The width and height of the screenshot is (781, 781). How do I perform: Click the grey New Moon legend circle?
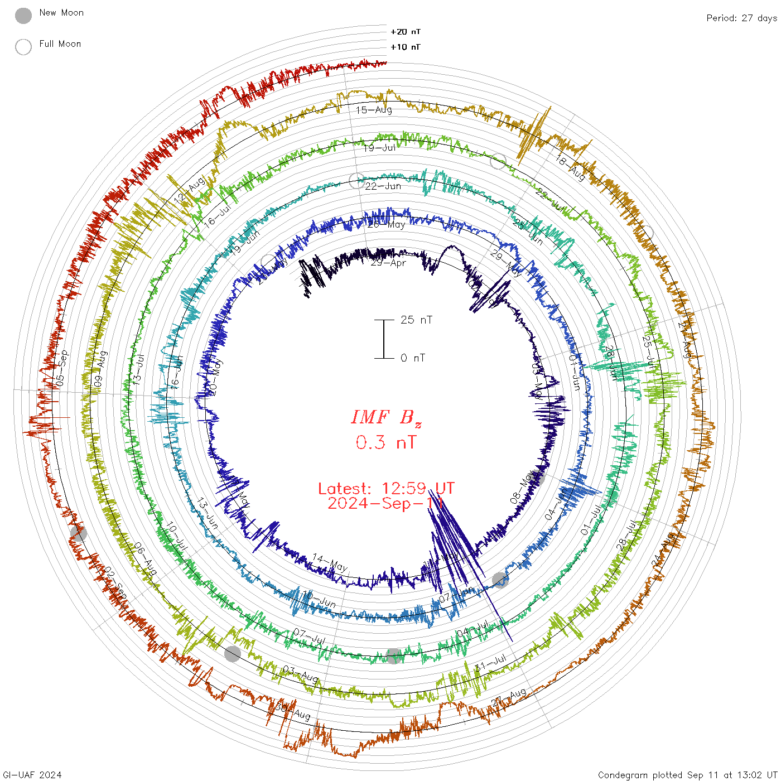pos(23,16)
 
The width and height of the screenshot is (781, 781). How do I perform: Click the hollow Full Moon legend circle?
pos(23,47)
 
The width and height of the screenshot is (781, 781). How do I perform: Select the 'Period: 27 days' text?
pos(741,18)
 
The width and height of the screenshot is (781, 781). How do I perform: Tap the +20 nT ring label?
pos(406,32)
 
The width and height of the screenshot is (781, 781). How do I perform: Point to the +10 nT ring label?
pos(406,47)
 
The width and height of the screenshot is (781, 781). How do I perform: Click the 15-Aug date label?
pos(374,110)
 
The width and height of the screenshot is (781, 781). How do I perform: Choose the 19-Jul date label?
pos(380,148)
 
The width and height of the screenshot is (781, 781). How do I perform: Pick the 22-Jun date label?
pos(383,186)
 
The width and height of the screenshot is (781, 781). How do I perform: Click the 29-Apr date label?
pos(388,262)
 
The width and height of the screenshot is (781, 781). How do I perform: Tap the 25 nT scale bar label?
pos(416,320)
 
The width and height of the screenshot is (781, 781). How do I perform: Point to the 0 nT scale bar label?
pos(413,358)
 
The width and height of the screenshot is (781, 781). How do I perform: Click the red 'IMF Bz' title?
pos(386,418)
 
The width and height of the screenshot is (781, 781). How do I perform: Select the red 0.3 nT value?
pos(386,443)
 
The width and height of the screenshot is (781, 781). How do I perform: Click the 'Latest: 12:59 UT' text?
pos(386,489)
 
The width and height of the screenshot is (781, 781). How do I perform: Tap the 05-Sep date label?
pos(62,368)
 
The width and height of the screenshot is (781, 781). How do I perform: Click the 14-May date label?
pos(330,562)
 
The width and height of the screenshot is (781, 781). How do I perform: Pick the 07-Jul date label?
pos(309,636)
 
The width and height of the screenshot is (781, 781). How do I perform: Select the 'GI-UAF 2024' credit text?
pos(31,775)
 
